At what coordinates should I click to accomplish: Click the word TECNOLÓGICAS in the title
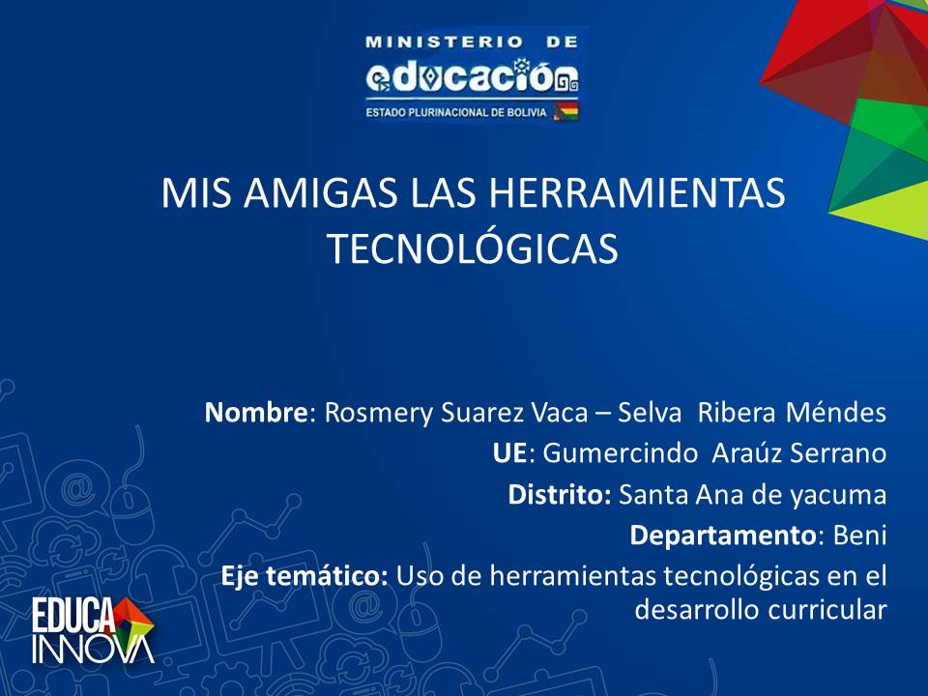tap(473, 248)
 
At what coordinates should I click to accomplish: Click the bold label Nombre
tap(255, 413)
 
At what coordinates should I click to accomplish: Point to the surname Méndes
tap(836, 413)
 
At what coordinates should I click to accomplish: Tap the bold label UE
tap(509, 453)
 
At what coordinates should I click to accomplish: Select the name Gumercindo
tap(621, 453)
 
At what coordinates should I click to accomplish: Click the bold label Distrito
tap(560, 494)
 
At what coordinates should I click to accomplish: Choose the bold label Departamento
tap(723, 536)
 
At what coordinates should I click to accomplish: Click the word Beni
tap(860, 535)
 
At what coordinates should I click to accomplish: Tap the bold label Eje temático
tap(304, 575)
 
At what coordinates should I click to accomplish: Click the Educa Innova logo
tap(93, 630)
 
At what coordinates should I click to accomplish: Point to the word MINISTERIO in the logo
tap(445, 42)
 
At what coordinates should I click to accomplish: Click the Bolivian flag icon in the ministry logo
tap(565, 111)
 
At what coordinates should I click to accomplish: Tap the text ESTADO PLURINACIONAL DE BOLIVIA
tap(455, 112)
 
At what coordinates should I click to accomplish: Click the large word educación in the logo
tap(472, 76)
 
